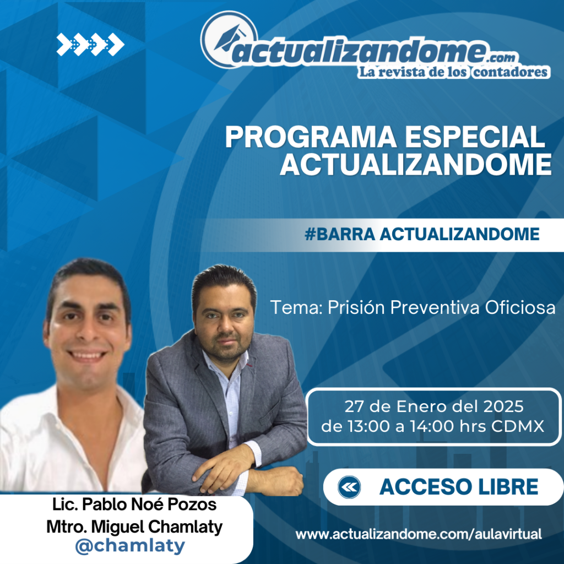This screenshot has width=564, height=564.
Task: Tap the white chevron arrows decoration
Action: (90, 45)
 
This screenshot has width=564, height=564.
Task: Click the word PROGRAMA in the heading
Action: (311, 137)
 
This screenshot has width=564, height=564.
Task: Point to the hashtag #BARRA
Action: (340, 234)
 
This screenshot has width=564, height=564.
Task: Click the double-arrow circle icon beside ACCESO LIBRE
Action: (349, 487)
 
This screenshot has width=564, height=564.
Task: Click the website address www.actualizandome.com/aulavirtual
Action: (419, 534)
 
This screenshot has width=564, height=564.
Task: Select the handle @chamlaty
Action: (130, 545)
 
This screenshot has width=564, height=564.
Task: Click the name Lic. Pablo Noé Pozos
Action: (134, 505)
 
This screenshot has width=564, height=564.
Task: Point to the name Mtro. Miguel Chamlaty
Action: (134, 527)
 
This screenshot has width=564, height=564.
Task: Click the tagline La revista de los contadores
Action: (453, 72)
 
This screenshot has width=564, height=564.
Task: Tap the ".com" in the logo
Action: (502, 57)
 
